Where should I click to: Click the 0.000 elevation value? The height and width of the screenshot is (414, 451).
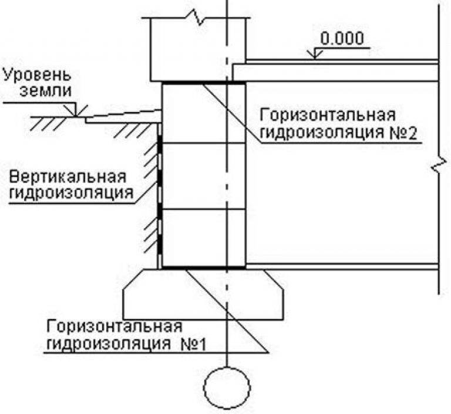[x=342, y=39]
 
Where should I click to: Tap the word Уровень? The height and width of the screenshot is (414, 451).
[x=36, y=75]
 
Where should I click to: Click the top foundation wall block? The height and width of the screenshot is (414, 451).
[x=203, y=113]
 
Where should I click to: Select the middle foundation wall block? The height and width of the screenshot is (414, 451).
[x=203, y=177]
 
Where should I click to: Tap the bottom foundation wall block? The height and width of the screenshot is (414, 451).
[x=203, y=238]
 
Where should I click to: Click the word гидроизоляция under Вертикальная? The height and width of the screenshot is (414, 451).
[x=71, y=193]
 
